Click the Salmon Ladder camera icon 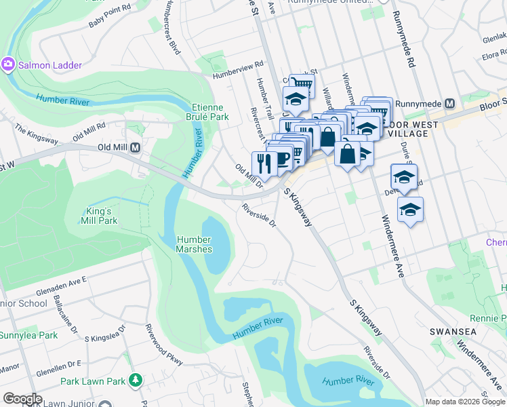[8, 64]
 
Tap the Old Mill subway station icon [135, 147]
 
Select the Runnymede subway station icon [448, 104]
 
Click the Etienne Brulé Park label [210, 112]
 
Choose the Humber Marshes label [194, 244]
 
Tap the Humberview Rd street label [237, 71]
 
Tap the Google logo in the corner [22, 399]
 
